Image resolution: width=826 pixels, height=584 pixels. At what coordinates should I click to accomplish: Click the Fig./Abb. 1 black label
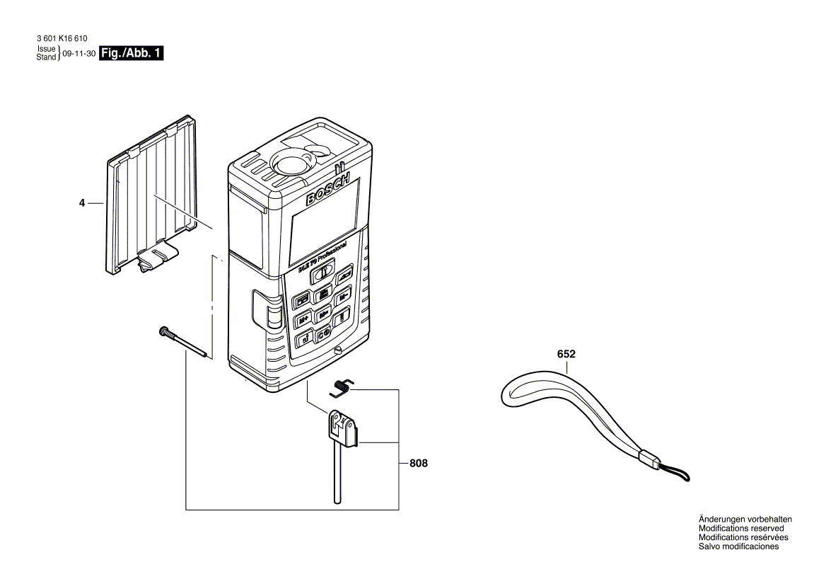[132, 53]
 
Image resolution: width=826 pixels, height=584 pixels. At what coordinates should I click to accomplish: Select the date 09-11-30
[79, 54]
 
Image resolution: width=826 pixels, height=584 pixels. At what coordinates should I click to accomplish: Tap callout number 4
[82, 203]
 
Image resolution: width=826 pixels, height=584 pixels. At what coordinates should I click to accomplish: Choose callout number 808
[419, 464]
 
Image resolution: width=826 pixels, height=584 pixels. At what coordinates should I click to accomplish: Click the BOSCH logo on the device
[327, 190]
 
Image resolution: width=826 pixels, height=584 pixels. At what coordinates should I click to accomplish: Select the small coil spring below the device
[343, 386]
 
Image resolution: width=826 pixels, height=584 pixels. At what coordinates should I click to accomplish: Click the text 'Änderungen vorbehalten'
[745, 519]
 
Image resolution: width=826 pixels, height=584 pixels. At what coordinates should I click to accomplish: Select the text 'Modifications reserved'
[741, 528]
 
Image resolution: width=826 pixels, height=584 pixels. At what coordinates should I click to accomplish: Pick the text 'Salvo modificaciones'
[738, 546]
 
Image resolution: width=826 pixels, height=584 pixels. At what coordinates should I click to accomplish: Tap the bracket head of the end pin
[342, 428]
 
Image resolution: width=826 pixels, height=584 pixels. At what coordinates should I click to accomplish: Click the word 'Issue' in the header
[46, 50]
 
